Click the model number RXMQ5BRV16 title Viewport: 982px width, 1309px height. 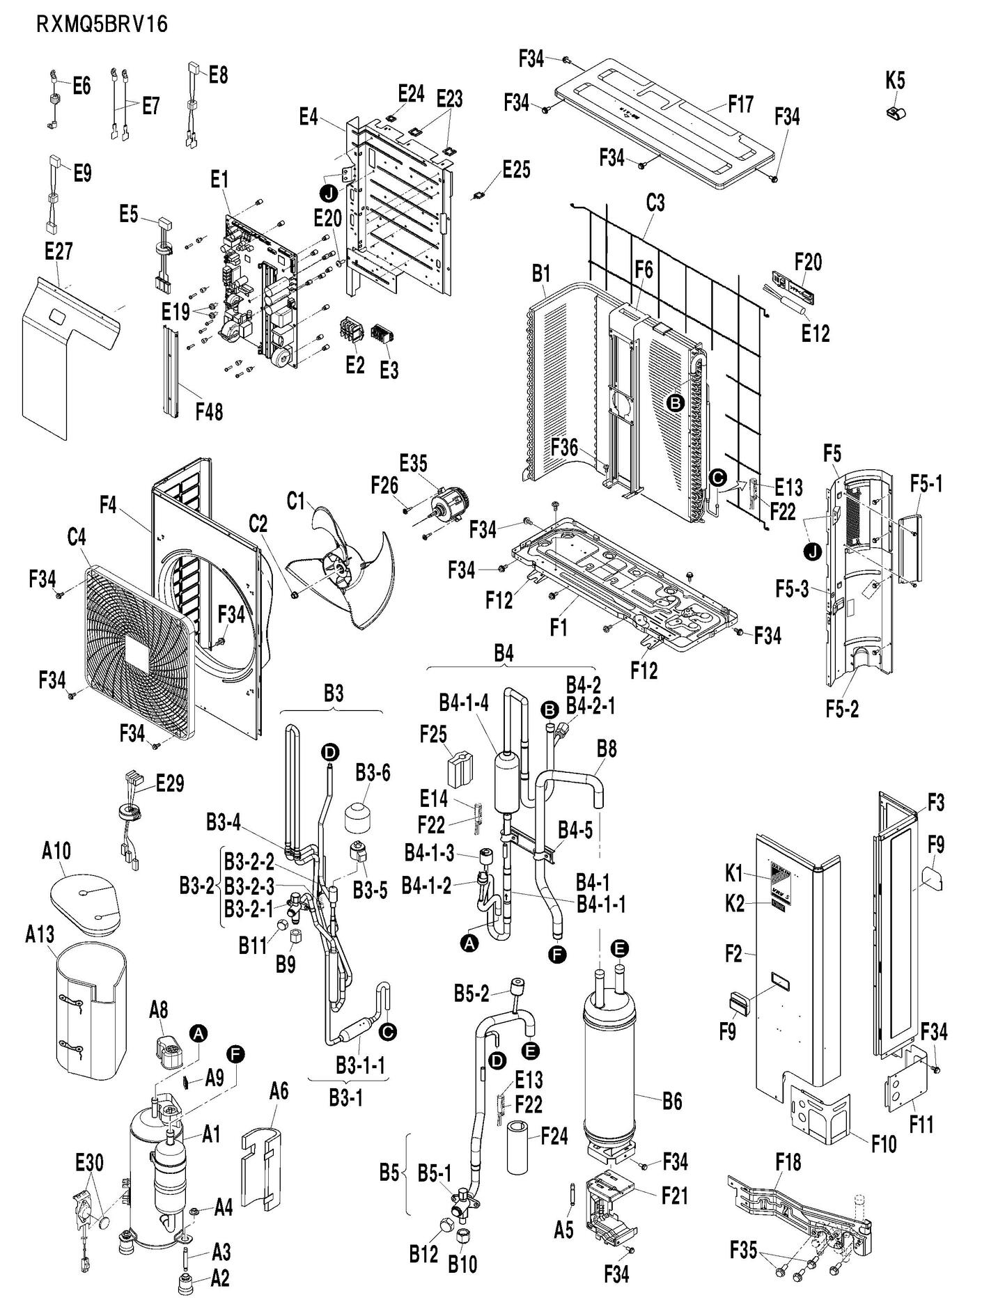102,24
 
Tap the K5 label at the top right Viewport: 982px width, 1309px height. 895,81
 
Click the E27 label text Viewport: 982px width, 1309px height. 59,251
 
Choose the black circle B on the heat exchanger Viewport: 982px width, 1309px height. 674,402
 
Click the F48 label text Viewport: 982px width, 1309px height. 208,411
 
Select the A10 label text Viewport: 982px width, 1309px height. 56,850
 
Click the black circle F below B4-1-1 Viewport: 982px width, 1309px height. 557,953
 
